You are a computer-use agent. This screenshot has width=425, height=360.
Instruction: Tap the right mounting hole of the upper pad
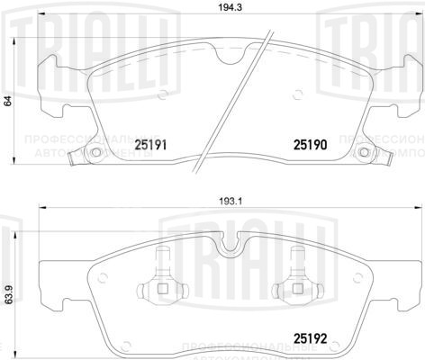[364, 152]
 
